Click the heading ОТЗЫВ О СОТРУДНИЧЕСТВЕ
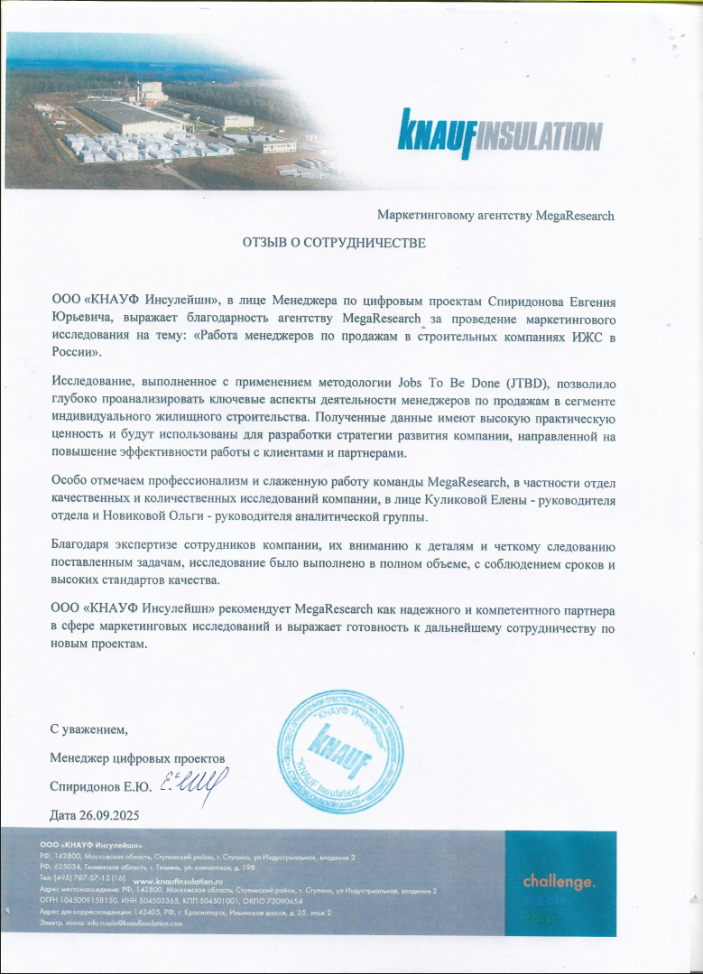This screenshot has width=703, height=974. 332,243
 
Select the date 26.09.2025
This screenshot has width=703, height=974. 112,815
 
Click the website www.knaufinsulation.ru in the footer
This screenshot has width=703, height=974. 177,879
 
